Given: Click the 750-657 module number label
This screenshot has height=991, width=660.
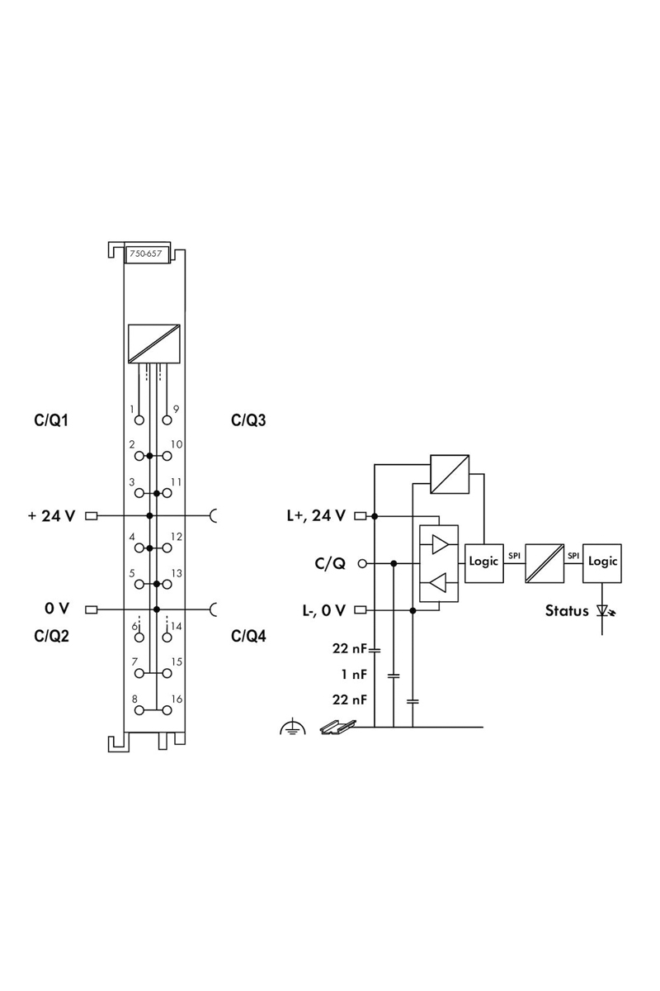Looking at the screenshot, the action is (x=145, y=254).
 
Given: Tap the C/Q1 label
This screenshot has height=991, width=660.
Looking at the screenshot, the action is (x=51, y=420).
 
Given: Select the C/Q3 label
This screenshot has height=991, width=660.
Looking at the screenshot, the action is (x=248, y=420).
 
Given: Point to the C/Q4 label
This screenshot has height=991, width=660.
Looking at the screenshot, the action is (x=248, y=636).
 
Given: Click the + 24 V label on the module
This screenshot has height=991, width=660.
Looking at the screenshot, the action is (x=52, y=516).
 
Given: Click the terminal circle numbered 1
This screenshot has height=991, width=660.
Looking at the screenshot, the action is (x=139, y=420).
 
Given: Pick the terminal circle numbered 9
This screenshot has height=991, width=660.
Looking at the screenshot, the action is (x=167, y=420).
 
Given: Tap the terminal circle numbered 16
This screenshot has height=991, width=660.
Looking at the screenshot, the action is (x=167, y=710).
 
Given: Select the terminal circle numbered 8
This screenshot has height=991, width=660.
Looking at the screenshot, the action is (x=139, y=710).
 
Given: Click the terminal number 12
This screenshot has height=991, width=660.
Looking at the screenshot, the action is (x=177, y=537).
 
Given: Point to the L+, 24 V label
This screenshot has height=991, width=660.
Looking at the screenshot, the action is (x=316, y=515).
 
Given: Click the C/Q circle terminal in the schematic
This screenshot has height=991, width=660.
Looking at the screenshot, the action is (x=362, y=563).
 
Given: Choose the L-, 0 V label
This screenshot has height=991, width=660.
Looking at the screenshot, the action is (x=323, y=610).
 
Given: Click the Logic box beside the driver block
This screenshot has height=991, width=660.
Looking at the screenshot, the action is (x=484, y=563).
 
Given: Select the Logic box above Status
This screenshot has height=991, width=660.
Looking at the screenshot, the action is (x=602, y=563).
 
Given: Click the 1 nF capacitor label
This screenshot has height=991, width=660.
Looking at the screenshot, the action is (x=354, y=674).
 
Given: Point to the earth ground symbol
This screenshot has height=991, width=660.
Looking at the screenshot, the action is (x=293, y=728).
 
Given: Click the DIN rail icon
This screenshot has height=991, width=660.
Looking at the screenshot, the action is (x=338, y=728).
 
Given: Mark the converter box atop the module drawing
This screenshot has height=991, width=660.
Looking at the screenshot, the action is (x=153, y=344).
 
